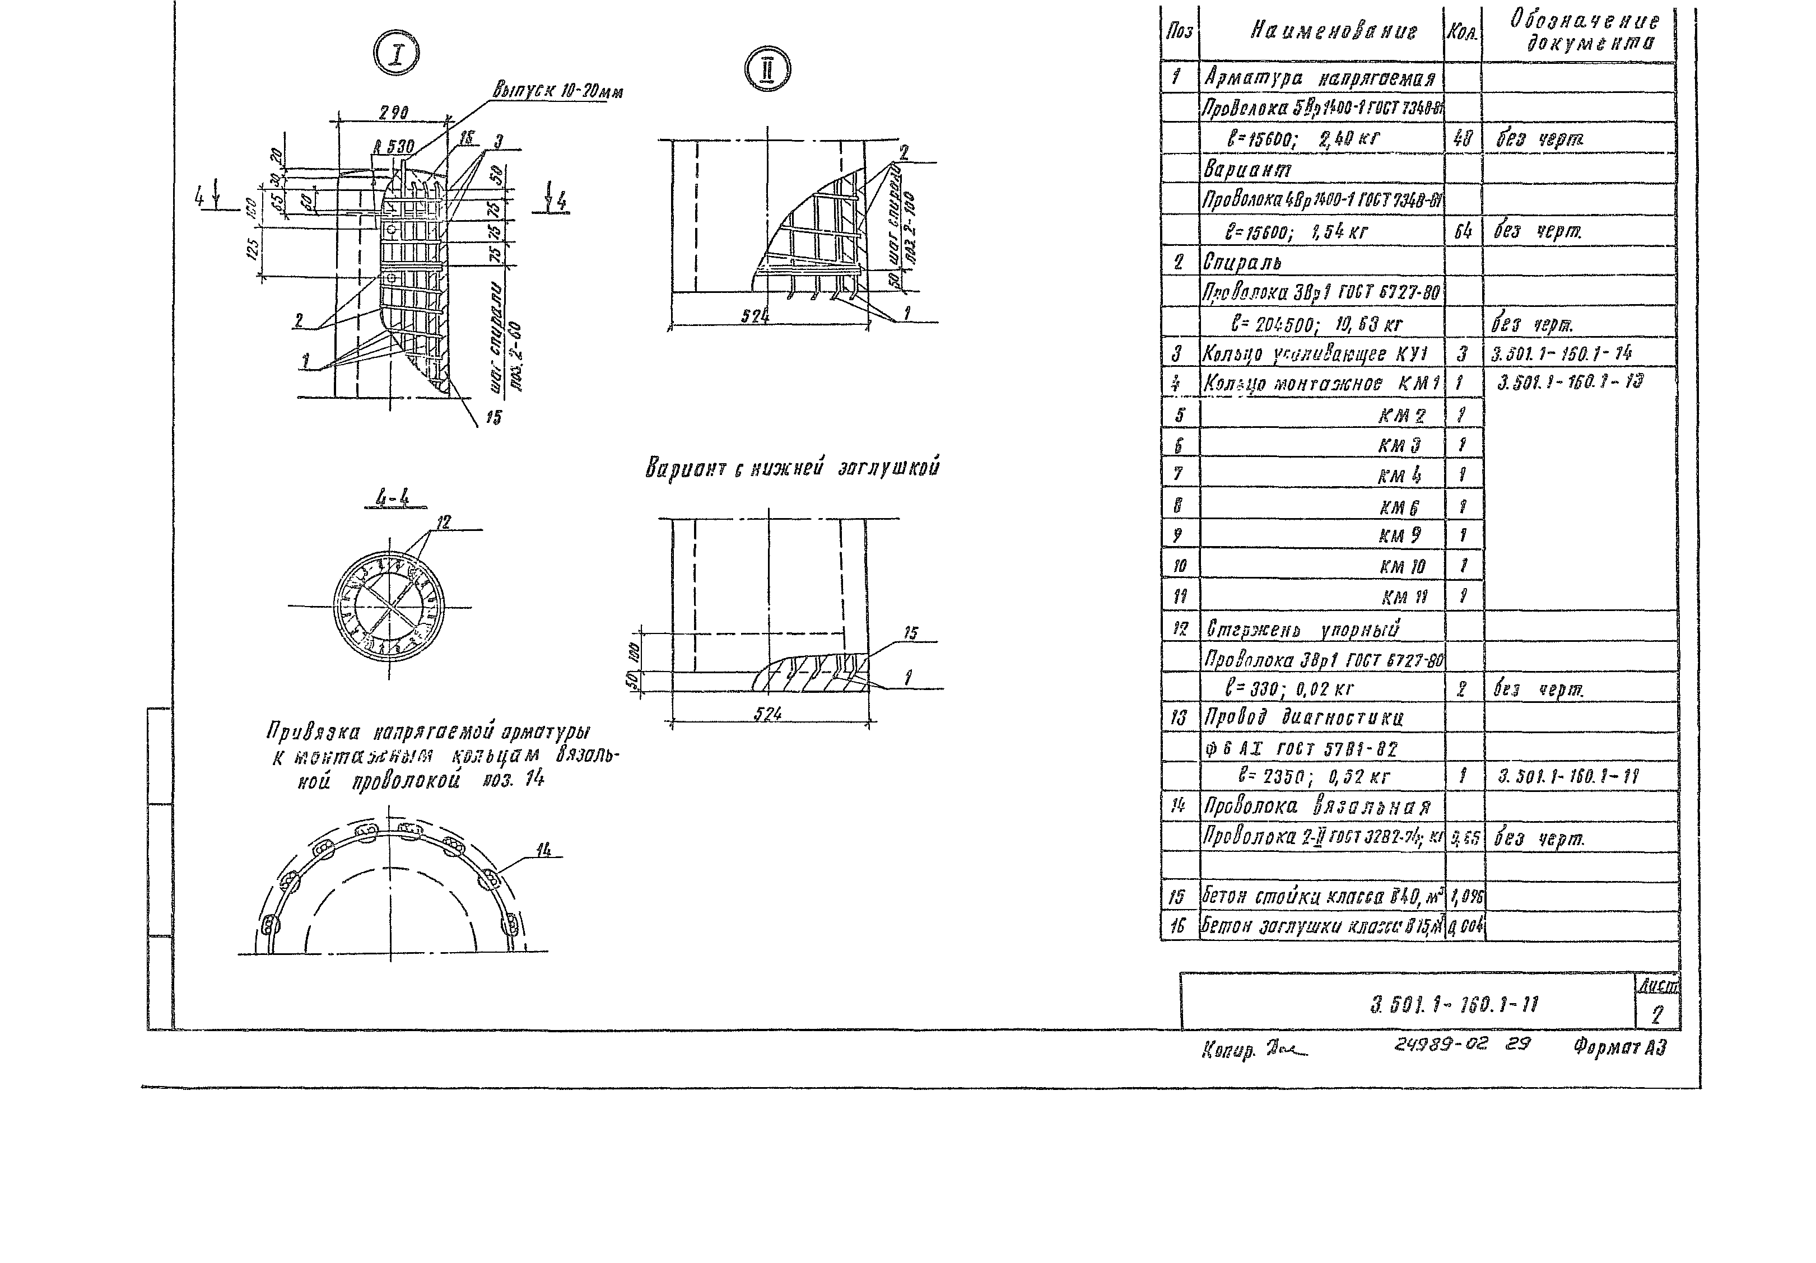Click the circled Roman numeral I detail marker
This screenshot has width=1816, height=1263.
pyautogui.click(x=396, y=54)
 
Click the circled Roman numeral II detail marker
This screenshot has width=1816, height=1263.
pyautogui.click(x=767, y=69)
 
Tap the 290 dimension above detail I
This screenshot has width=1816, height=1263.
pyautogui.click(x=393, y=114)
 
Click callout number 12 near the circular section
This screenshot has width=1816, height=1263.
pyautogui.click(x=443, y=522)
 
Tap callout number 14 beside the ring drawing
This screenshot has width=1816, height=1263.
pyautogui.click(x=543, y=850)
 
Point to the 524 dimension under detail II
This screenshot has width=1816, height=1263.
pyautogui.click(x=755, y=315)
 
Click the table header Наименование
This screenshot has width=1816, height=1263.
pyautogui.click(x=1334, y=31)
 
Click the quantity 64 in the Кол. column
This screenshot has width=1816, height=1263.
pyautogui.click(x=1463, y=231)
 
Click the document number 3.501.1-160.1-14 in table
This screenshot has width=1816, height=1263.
pyautogui.click(x=1561, y=353)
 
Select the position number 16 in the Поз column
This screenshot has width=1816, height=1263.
pyautogui.click(x=1177, y=925)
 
